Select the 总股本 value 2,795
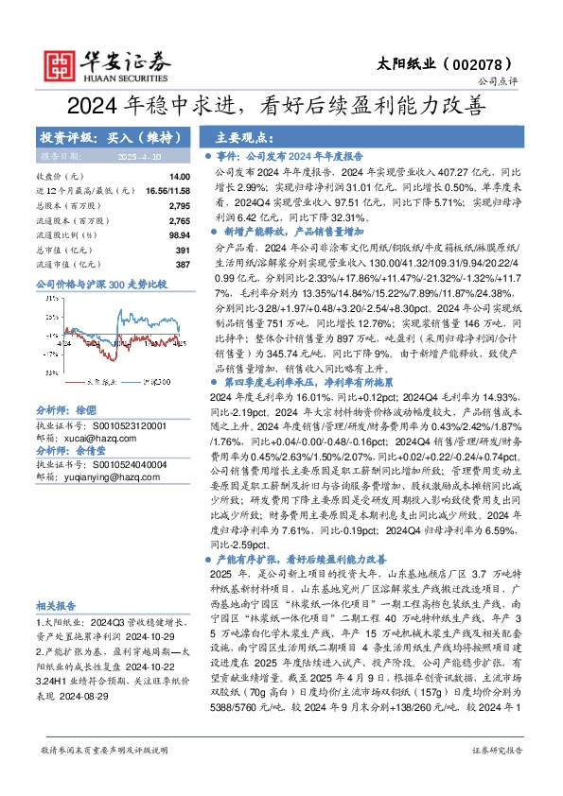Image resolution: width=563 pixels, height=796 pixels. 180,205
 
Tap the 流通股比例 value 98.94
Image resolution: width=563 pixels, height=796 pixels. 179,234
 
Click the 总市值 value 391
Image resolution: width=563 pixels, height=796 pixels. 184,250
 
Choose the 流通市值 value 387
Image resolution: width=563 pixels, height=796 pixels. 184,264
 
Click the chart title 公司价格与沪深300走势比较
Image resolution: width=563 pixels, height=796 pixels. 100,284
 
